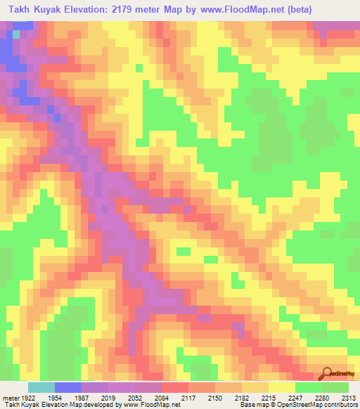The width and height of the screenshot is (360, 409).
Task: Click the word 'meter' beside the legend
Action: coord(10,397)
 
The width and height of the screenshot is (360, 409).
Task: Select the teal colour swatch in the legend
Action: coord(41,387)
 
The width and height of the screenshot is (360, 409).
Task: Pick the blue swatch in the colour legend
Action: coord(67,387)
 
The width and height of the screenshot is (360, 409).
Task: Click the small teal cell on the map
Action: coord(16,34)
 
